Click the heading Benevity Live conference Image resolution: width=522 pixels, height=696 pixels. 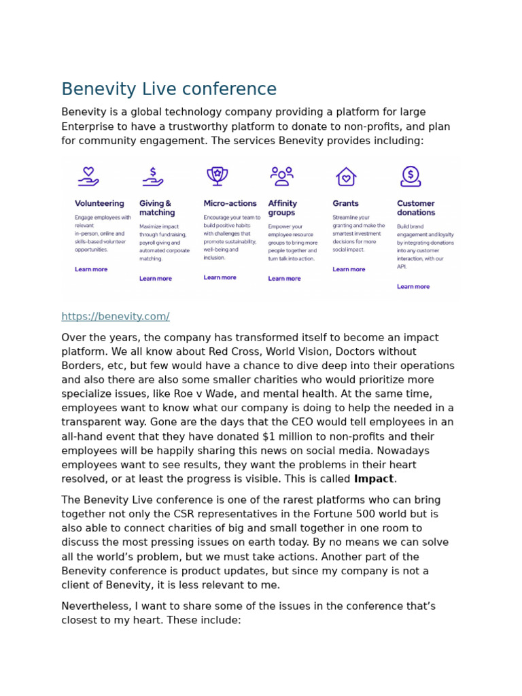(x=169, y=90)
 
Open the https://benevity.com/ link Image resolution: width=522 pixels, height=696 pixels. (x=115, y=317)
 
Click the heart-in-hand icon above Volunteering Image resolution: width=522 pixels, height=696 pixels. (x=88, y=177)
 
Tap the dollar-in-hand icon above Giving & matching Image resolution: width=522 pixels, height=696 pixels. (x=152, y=177)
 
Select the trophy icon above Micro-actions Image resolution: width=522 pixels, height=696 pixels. (x=217, y=176)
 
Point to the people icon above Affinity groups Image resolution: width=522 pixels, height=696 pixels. (x=281, y=176)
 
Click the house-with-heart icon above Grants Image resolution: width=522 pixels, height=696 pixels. (x=346, y=177)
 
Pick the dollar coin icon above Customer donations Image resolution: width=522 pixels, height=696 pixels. (x=411, y=176)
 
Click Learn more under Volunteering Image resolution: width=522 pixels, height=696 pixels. (x=91, y=270)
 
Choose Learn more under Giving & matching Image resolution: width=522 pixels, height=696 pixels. (x=156, y=279)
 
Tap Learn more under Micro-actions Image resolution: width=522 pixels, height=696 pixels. (x=220, y=278)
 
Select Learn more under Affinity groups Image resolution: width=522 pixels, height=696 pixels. (x=284, y=279)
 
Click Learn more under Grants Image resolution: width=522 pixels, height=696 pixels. (x=349, y=270)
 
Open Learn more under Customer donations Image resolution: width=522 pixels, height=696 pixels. (x=413, y=287)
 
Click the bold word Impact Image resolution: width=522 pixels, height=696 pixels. (x=373, y=479)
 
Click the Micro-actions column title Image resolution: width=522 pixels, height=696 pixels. (x=230, y=203)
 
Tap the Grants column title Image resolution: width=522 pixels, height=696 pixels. (x=345, y=203)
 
